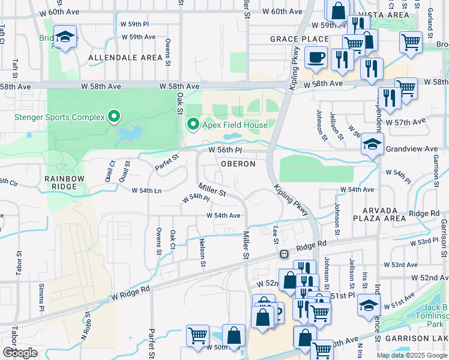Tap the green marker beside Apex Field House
click(x=193, y=124)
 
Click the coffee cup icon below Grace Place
click(x=316, y=58)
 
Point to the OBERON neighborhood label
click(x=238, y=164)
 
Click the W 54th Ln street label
click(x=146, y=190)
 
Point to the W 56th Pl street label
click(x=225, y=150)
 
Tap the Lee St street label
click(x=276, y=236)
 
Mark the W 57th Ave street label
click(x=405, y=122)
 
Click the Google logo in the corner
click(x=20, y=352)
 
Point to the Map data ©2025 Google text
click(x=412, y=355)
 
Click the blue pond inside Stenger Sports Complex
click(x=130, y=133)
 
